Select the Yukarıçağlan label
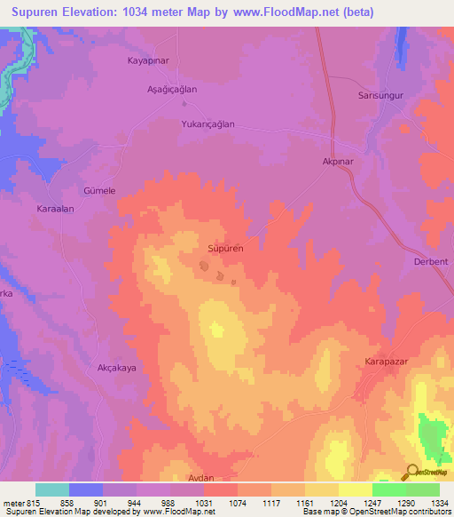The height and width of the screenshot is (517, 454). (x=207, y=124)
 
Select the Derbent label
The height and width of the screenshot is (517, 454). (x=431, y=261)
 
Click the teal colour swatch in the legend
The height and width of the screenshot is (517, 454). (x=52, y=489)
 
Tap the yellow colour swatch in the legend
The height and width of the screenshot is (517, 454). (x=356, y=489)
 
